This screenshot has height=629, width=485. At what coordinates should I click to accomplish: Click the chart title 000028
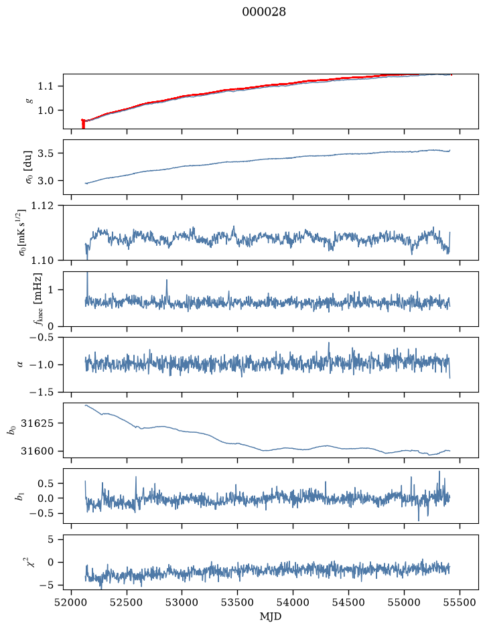263,12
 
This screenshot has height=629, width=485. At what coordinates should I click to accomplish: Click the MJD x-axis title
271,616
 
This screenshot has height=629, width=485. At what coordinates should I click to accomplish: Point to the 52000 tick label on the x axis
72,602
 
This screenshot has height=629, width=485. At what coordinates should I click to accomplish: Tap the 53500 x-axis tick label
238,602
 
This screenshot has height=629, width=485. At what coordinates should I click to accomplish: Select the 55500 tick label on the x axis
460,602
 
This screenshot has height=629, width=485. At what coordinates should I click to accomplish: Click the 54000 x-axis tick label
293,602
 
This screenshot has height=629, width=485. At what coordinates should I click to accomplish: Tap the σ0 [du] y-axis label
29,167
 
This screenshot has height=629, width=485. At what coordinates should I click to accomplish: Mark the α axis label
20,364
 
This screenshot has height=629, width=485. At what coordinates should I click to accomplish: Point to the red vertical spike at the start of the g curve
83,124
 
